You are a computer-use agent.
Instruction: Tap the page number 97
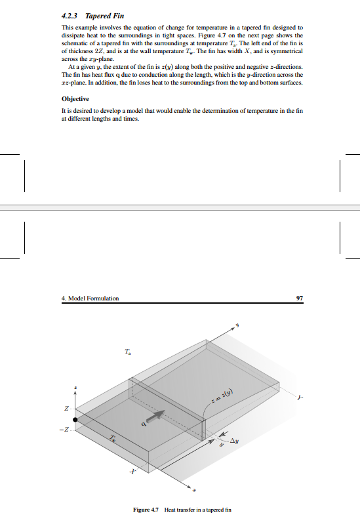[299, 298]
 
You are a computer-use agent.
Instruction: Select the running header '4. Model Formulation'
[90, 298]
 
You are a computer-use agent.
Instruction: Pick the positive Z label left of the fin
[66, 409]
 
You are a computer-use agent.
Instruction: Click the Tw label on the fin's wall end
[113, 438]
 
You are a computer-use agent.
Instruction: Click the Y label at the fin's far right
[300, 397]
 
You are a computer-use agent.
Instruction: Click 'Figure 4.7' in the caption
[146, 510]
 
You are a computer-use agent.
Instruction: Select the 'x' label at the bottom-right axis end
[194, 489]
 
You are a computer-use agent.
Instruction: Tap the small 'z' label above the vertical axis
[75, 387]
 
